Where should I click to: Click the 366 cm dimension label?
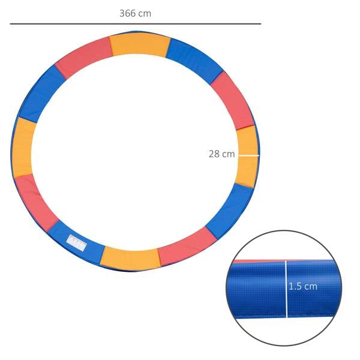pos(135,13)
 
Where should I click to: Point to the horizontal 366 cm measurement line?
pos(135,24)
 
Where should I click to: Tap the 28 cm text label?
pos(221,154)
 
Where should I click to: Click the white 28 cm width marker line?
pos(248,155)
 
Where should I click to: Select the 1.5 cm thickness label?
pos(303,286)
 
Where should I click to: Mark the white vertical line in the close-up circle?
pos(286,288)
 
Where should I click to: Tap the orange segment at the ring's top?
pos(139,44)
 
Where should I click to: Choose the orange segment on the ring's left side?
pos(23,148)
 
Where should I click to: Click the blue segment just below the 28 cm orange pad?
pos(232,207)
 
